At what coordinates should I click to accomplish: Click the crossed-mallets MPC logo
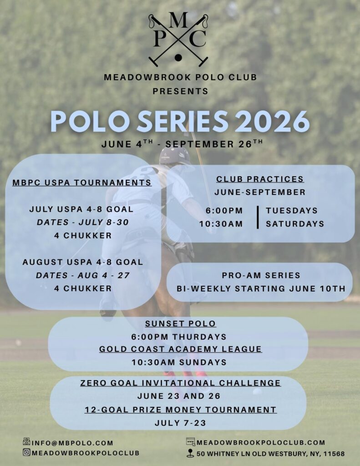[178, 40]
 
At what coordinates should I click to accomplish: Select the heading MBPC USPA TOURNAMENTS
[82, 182]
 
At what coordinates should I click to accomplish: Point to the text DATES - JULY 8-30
[82, 223]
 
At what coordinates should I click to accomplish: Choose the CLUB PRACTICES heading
[260, 179]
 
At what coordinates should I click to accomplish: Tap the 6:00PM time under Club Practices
[224, 211]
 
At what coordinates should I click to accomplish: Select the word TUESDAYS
[292, 211]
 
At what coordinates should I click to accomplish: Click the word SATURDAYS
[295, 224]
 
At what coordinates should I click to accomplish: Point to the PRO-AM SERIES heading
[261, 275]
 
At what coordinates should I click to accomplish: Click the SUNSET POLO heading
[180, 324]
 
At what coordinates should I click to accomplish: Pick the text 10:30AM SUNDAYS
[179, 362]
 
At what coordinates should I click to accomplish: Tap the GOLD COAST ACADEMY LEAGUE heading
[180, 349]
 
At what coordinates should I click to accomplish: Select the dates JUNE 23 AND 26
[179, 396]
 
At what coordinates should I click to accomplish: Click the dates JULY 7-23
[180, 423]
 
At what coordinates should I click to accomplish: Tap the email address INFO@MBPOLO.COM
[72, 442]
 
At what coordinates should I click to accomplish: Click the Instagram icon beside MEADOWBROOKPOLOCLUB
[26, 452]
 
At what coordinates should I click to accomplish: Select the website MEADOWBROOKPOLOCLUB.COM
[261, 442]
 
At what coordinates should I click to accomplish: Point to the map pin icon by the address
[190, 453]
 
